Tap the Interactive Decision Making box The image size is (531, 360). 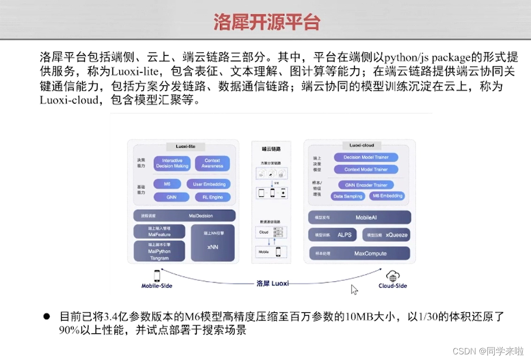tap(172, 163)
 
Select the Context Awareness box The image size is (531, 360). tap(212, 163)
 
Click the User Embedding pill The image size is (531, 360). tap(209, 184)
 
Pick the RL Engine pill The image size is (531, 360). tap(209, 197)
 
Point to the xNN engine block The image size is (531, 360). tap(213, 243)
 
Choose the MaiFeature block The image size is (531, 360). tap(160, 231)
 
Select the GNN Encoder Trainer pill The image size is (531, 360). tap(366, 185)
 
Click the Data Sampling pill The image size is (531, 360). tap(347, 196)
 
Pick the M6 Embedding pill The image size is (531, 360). tap(387, 196)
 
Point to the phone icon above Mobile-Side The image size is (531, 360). tap(156, 276)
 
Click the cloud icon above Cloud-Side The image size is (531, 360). tap(392, 276)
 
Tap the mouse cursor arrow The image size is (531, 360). tap(354, 290)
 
